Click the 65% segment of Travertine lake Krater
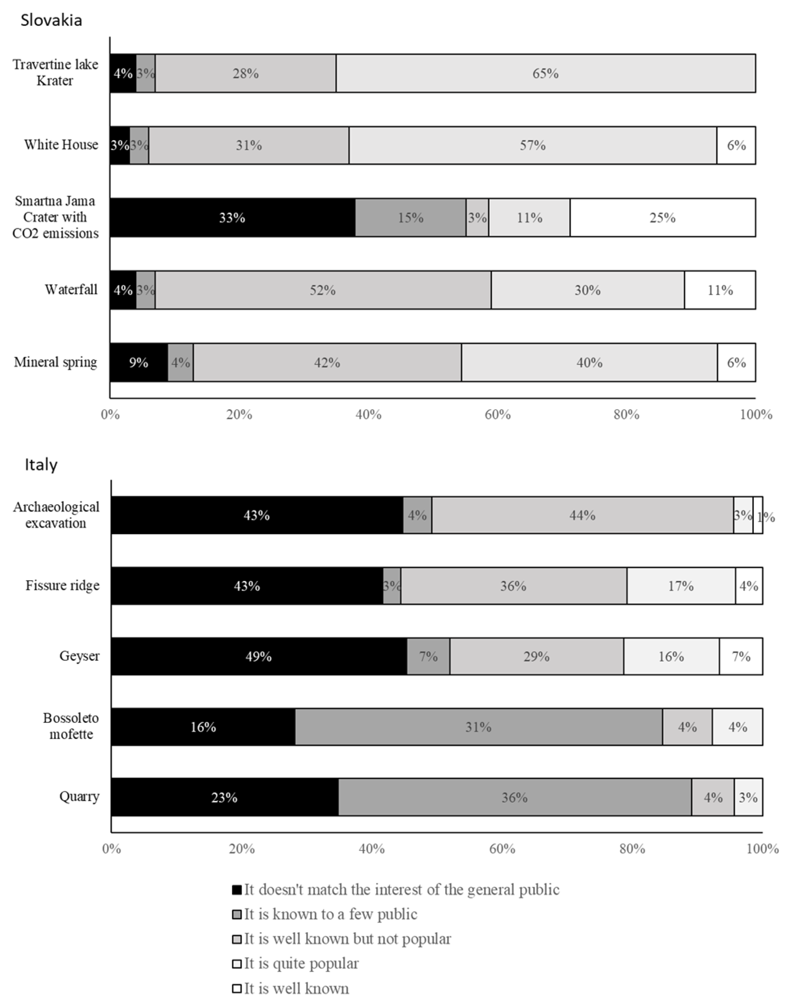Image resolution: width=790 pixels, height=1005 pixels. (x=546, y=73)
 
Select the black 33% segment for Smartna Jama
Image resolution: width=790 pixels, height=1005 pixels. (x=233, y=217)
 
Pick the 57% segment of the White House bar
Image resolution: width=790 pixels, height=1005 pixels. (x=533, y=145)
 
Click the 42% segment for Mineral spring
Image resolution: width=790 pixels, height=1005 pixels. (x=327, y=362)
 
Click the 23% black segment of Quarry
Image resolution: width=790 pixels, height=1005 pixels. (x=225, y=797)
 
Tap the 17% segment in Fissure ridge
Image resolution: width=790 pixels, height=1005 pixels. (x=681, y=586)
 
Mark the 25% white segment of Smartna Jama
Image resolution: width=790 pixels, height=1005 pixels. (x=663, y=217)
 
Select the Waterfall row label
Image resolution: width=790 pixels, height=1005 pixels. (x=71, y=290)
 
